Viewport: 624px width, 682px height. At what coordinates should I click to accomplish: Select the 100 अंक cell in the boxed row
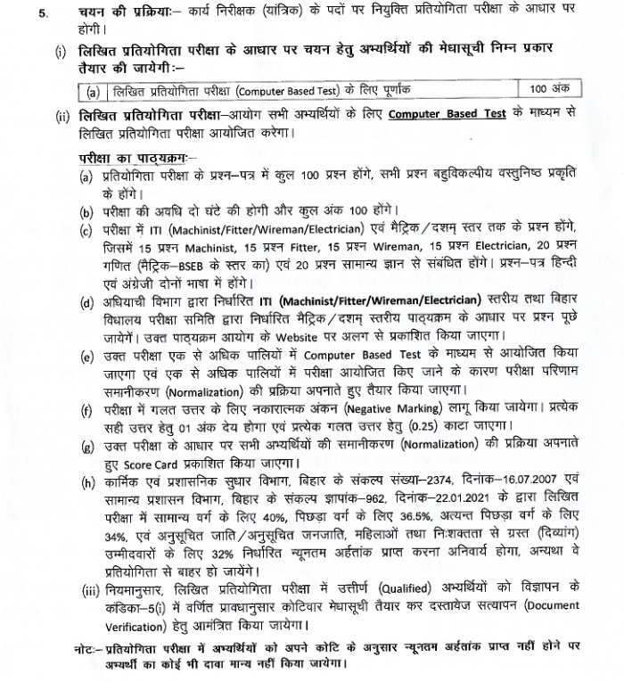click(546, 89)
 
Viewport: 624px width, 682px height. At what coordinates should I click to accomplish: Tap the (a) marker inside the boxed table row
click(93, 91)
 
